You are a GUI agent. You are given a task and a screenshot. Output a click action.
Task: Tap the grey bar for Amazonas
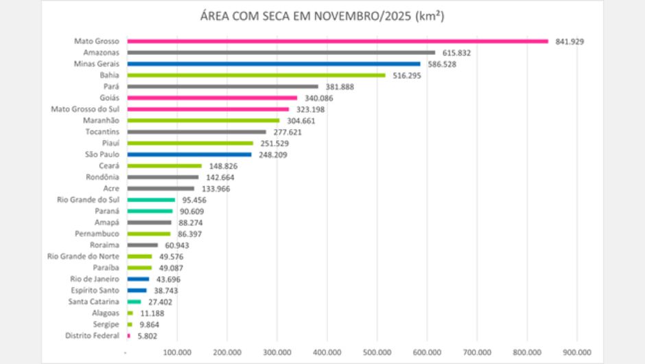coord(281,52)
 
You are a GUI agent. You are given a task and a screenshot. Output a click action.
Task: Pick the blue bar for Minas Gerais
coord(274,64)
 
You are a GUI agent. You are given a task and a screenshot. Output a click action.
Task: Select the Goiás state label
coord(110,98)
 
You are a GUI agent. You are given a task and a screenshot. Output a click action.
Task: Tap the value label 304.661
coord(300,120)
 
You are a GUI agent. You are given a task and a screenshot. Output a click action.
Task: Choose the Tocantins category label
coord(103,132)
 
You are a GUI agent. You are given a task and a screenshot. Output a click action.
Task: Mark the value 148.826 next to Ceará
coord(222,166)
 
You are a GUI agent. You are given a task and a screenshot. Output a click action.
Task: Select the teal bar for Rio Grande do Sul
coord(151,200)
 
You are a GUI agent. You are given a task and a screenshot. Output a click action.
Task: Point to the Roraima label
coord(105,245)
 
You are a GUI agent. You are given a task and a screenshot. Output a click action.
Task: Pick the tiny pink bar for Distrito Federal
coord(128,336)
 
